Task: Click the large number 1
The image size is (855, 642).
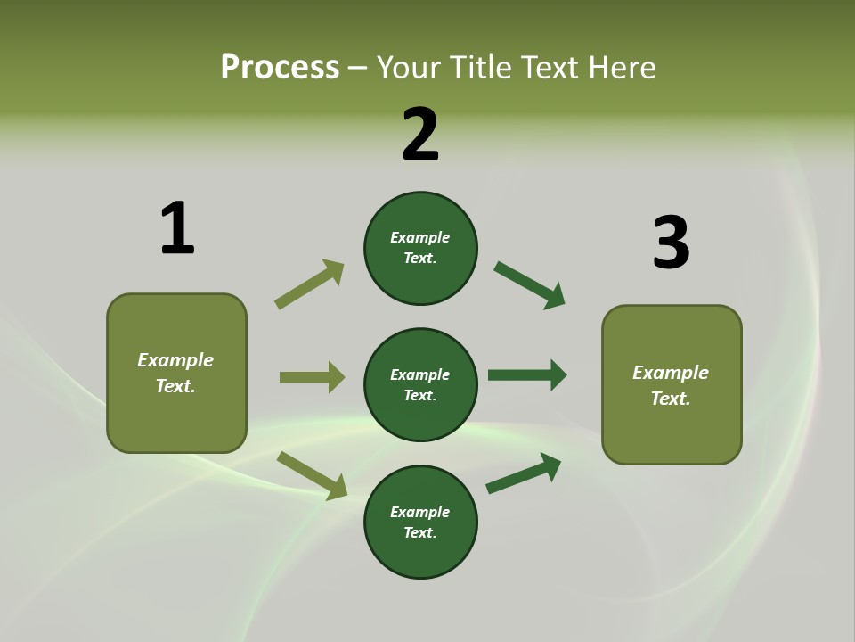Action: [x=177, y=228]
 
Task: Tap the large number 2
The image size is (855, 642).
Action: [x=420, y=135]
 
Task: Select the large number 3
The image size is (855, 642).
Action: [x=671, y=243]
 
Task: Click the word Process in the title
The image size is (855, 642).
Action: [x=280, y=67]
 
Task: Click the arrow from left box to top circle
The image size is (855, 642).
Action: [x=309, y=284]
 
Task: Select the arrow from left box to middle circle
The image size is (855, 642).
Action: [x=312, y=377]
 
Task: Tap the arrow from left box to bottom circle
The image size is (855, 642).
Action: [x=312, y=475]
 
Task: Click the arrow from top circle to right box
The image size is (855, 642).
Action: [x=529, y=285]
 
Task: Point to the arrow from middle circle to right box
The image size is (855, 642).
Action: [x=527, y=375]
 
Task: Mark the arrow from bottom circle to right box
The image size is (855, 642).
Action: [x=524, y=473]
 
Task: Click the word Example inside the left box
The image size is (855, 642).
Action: [x=175, y=360]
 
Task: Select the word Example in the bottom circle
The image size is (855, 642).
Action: [x=419, y=512]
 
